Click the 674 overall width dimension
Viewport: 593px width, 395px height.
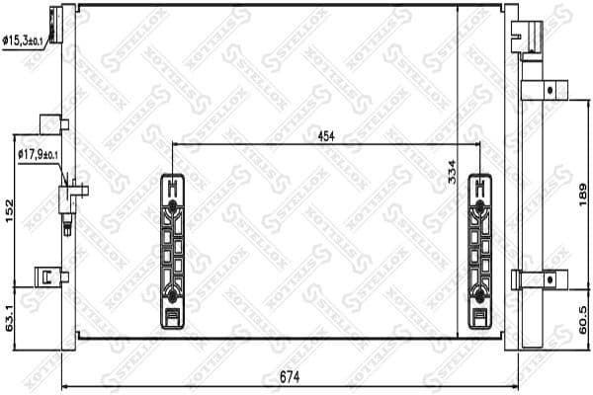tap(289, 375)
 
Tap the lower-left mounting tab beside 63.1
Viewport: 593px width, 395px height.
tap(45, 276)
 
